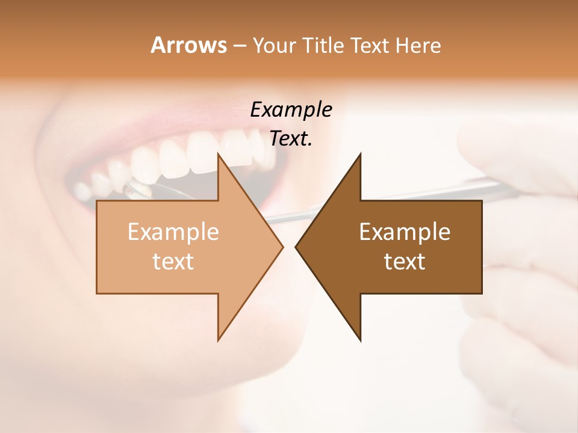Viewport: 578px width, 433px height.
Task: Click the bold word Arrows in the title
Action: point(188,45)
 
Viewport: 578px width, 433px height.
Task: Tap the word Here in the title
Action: point(418,45)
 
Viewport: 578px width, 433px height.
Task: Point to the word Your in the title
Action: point(273,45)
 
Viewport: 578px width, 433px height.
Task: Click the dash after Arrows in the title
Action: point(239,46)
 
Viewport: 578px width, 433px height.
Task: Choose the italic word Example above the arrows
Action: point(291,109)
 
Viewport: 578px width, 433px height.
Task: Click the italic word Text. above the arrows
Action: point(291,138)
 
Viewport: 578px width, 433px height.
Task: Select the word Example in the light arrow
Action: point(173,232)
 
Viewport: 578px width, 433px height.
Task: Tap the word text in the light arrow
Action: point(173,261)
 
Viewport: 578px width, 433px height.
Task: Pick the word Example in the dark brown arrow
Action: point(405,232)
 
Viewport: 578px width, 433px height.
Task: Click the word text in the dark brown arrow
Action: point(405,261)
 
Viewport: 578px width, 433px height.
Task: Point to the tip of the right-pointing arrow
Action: point(282,247)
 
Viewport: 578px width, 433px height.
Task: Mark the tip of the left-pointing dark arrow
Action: point(296,247)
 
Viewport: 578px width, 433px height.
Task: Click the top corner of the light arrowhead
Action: point(218,154)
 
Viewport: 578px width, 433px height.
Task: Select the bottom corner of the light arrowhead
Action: point(218,340)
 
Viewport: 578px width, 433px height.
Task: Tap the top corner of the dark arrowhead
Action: point(360,154)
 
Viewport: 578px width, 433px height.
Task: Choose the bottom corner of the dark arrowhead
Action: point(360,340)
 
